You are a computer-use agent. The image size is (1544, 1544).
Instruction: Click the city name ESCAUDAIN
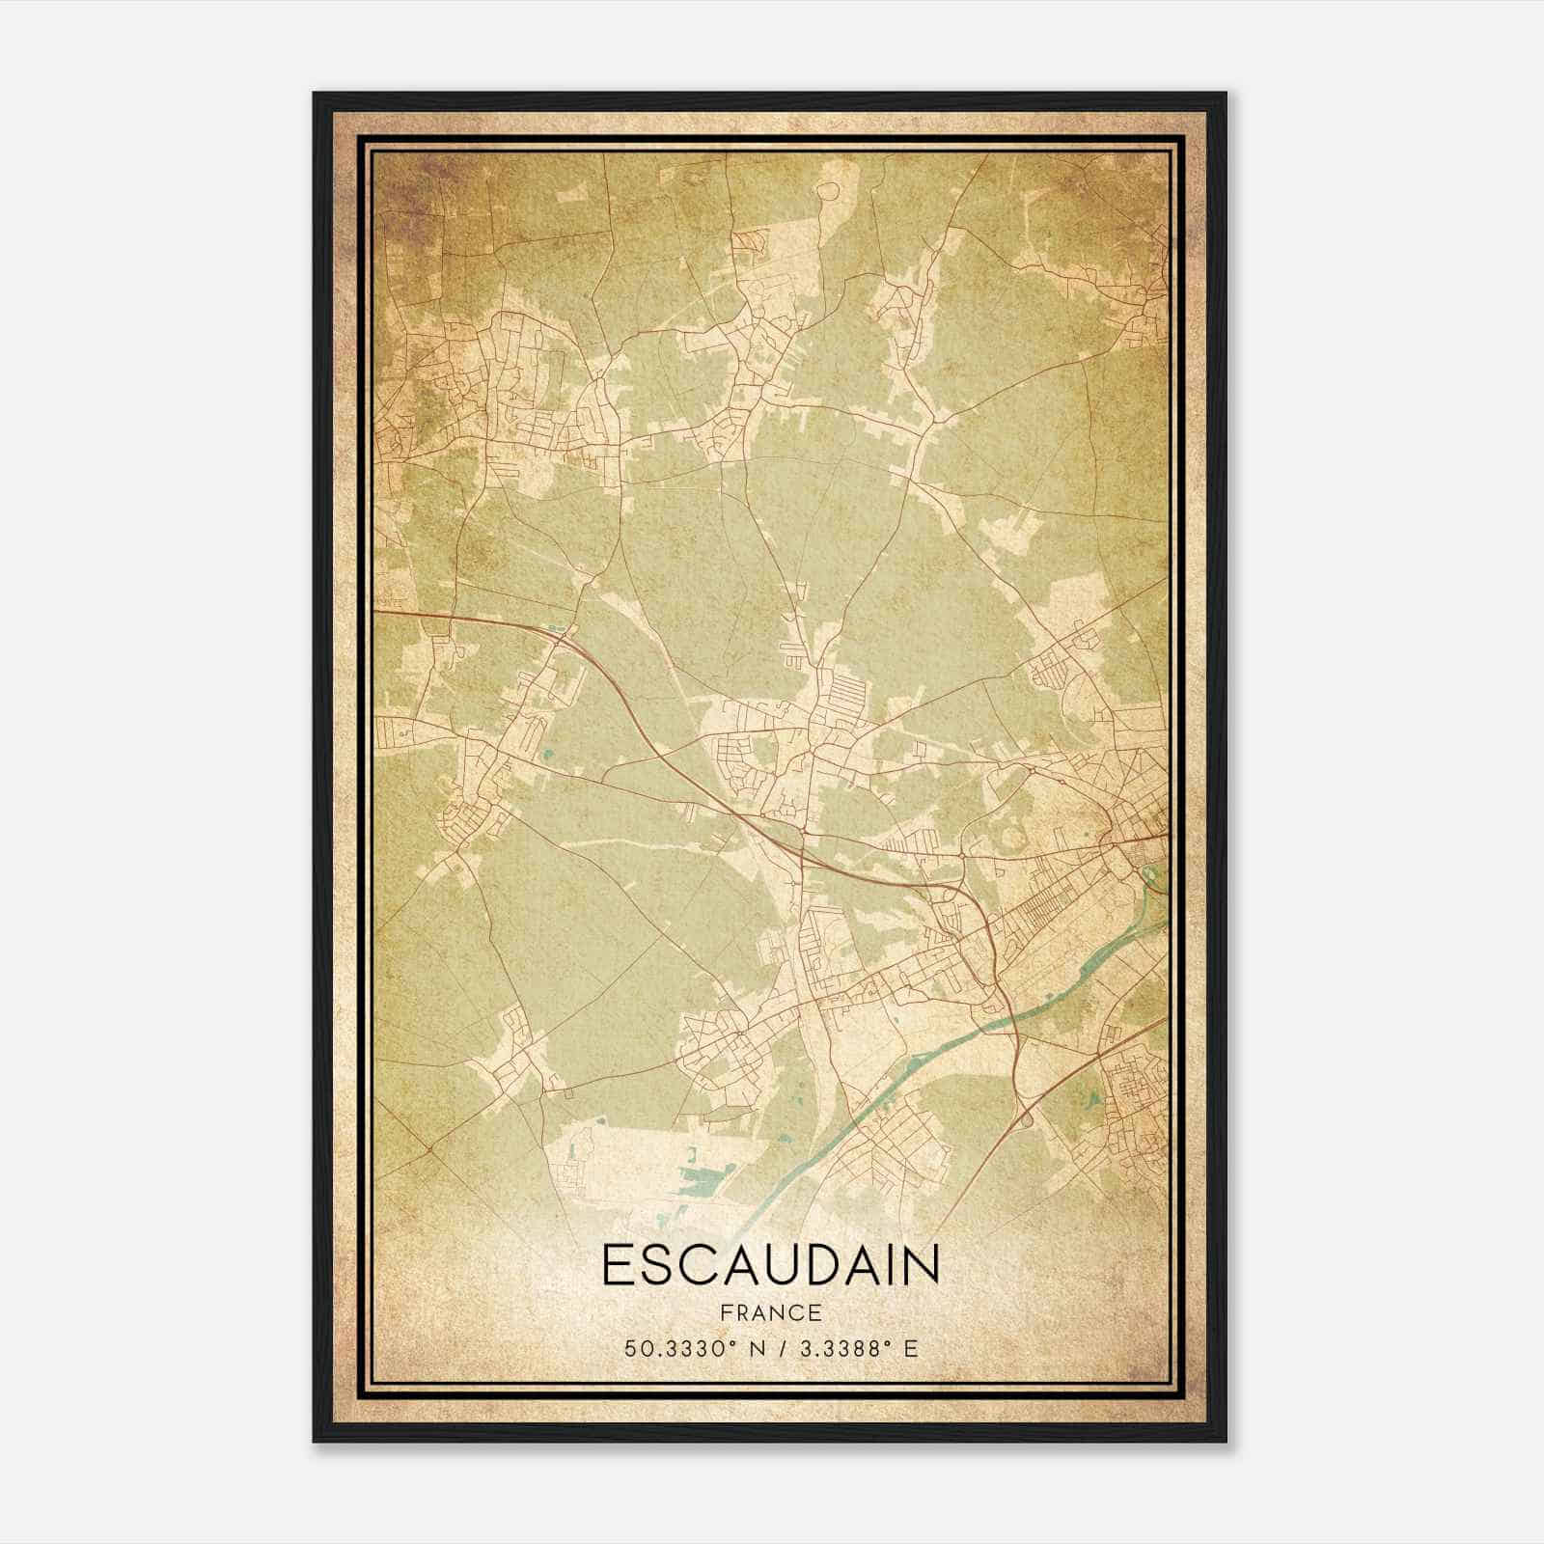point(770,1265)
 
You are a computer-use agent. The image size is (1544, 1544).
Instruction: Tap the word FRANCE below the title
point(770,1313)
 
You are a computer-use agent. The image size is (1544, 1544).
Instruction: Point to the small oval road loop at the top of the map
point(827,191)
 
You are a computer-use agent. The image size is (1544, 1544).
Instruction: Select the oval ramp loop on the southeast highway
point(1025,1118)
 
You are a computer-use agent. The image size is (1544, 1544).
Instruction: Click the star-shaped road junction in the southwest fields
point(428,1150)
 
